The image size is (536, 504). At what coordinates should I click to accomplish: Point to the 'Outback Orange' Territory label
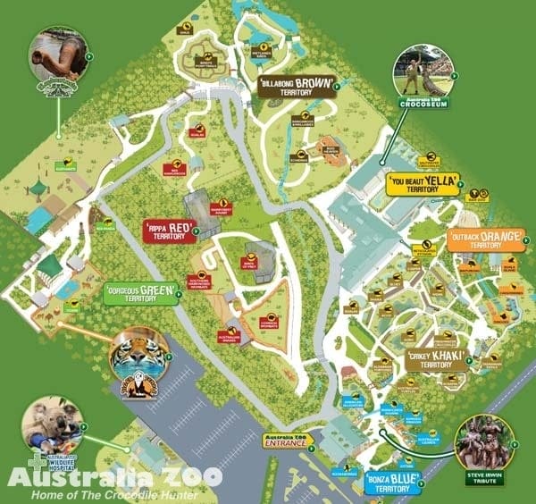click(x=475, y=240)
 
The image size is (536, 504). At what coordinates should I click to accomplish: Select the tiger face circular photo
click(x=138, y=355)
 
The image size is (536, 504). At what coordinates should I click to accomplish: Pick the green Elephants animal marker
click(x=63, y=166)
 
